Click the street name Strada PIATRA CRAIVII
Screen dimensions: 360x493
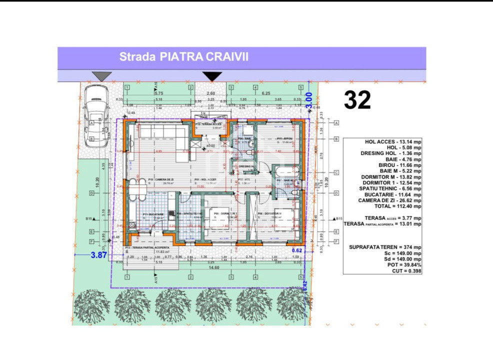coord(183,57)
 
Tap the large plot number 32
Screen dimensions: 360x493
coord(357,100)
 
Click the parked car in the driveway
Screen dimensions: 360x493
coord(95,115)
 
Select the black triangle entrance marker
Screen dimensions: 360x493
coord(212,76)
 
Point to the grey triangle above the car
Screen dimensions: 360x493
coord(102,76)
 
